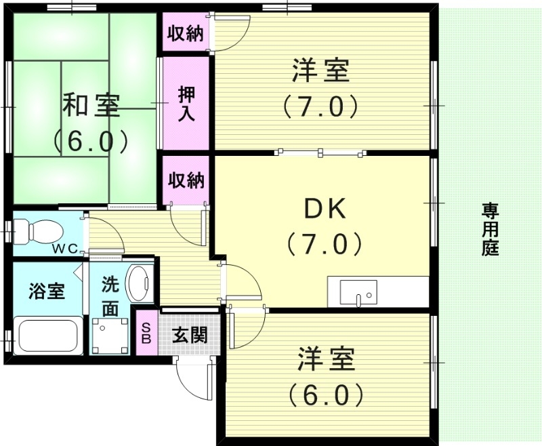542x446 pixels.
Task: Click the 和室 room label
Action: pos(91,106)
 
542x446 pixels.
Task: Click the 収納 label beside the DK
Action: pos(186,181)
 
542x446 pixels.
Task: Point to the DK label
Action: pos(324,209)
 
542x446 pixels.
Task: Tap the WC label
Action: pos(66,248)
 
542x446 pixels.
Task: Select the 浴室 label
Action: pos(46,291)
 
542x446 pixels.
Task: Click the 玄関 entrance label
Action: pos(189,334)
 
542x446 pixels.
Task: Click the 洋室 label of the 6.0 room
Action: pos(326,361)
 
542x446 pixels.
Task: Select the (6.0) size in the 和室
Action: pos(91,140)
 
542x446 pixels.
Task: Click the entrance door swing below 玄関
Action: pos(196,380)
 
